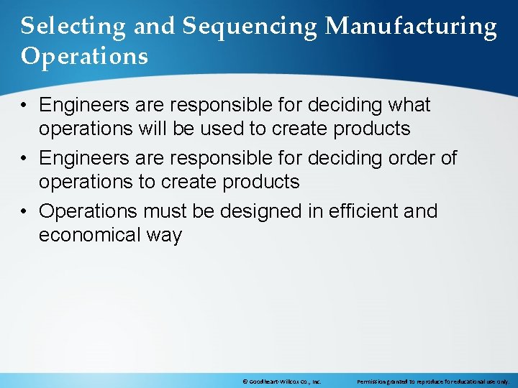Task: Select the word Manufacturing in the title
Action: (411, 27)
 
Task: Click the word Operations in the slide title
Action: (84, 56)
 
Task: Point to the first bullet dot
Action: (25, 106)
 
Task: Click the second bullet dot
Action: (25, 158)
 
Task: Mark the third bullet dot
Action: (25, 211)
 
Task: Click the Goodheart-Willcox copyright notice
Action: (281, 382)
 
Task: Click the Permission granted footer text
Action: (432, 382)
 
